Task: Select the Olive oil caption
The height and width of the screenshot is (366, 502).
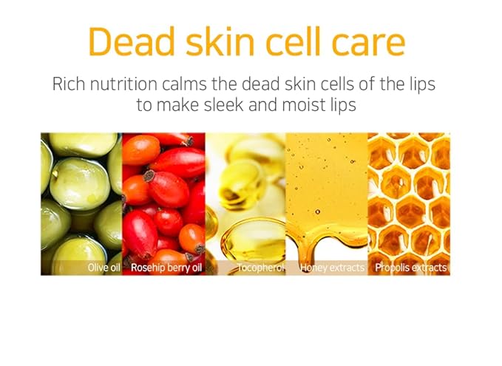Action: pos(103,267)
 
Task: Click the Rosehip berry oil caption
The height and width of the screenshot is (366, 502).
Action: pos(166,267)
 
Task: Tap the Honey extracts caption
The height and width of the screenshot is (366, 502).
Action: pos(332,267)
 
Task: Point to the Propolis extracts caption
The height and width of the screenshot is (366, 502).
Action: pos(410,267)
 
